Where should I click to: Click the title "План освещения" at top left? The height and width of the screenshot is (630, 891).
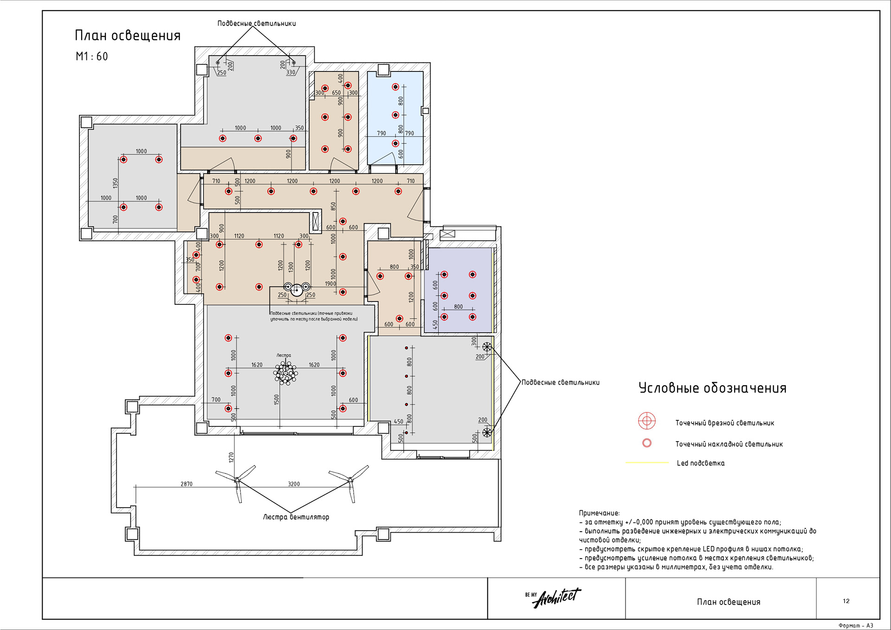click(128, 36)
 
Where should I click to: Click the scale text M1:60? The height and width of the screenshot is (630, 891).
click(92, 57)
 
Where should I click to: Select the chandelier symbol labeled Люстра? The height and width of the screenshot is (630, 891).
click(286, 373)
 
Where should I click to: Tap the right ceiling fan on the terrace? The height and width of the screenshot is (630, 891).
click(350, 480)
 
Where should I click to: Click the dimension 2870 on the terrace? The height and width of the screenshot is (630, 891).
click(187, 484)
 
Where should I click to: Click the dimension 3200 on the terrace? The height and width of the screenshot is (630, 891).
click(294, 484)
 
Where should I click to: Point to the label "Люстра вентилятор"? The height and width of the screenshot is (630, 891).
click(296, 517)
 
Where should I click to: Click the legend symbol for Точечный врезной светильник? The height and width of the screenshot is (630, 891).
click(646, 421)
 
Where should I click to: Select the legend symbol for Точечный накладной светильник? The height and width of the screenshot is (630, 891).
click(646, 443)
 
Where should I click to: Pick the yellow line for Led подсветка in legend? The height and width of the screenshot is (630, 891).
click(647, 463)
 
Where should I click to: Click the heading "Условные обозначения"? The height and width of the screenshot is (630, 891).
click(712, 388)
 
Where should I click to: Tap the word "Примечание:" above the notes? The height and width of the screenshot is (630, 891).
click(599, 513)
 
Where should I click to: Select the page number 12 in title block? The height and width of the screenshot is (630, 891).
click(846, 601)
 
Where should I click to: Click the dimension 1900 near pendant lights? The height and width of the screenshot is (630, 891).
click(330, 283)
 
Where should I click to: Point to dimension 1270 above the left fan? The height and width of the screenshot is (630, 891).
click(231, 457)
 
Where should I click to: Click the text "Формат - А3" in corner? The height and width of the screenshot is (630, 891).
click(856, 625)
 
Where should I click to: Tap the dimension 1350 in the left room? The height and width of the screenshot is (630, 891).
click(116, 183)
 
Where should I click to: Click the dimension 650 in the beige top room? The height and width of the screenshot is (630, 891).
click(336, 93)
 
